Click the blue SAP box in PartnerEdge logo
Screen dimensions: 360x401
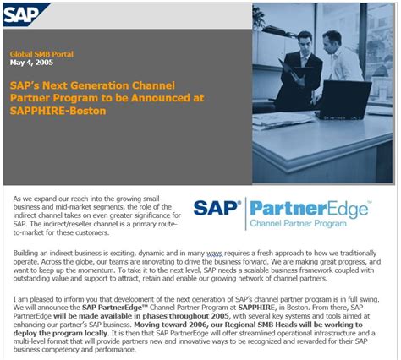(218, 210)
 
